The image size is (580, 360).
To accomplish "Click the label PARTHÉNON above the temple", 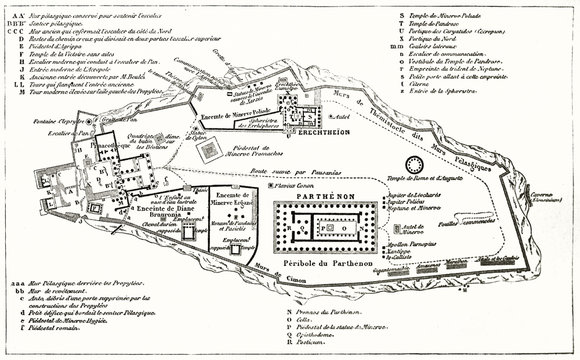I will click(314, 198).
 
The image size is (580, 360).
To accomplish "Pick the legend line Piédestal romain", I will click(50, 351).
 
